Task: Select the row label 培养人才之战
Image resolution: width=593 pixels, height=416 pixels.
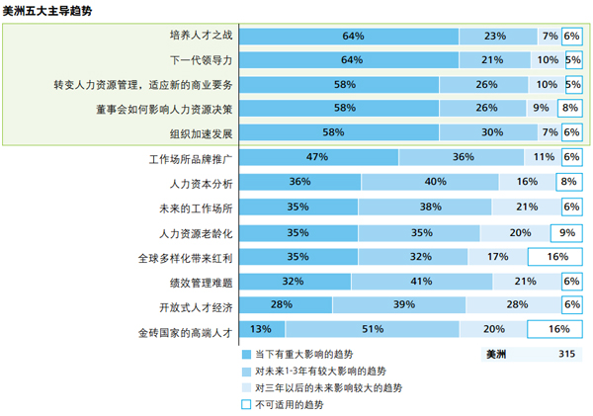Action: [x=201, y=36]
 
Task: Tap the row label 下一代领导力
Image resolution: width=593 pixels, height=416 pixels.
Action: [x=201, y=60]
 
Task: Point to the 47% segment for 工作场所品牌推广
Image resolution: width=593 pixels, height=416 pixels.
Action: [x=318, y=157]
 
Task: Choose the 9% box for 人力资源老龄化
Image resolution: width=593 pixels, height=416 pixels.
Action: [x=567, y=232]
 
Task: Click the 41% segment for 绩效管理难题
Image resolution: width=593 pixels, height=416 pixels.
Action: [x=422, y=282]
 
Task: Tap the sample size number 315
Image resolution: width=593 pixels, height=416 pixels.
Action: [x=566, y=354]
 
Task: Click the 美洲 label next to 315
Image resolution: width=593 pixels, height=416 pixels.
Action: [x=497, y=354]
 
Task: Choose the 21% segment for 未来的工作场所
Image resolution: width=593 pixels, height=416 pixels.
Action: [x=527, y=208]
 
